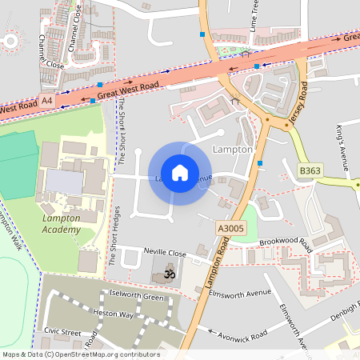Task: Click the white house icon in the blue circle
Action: pos(180,173)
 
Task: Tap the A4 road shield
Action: pos(47,101)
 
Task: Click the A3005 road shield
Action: pos(230,228)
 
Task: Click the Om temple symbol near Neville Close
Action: pos(169,274)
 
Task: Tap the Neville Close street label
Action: pos(165,253)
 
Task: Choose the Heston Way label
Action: pos(114,314)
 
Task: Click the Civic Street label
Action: pos(63,331)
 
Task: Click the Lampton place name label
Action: pos(234,149)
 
